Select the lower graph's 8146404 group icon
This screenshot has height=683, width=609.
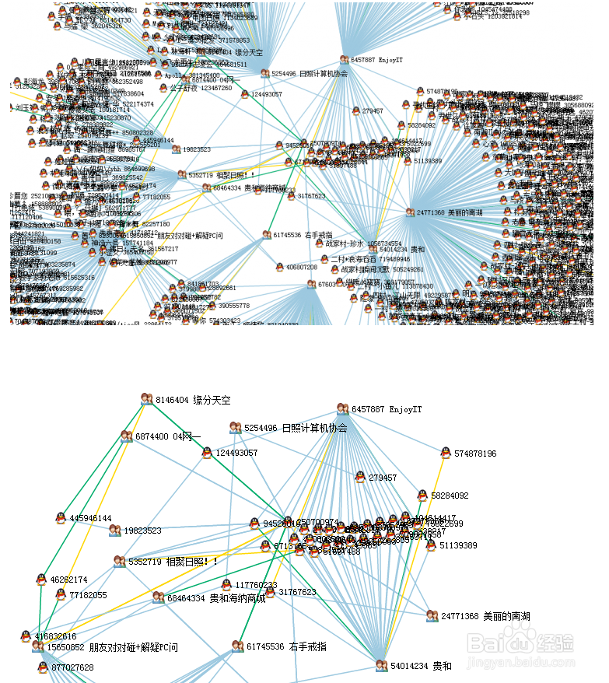[146, 399]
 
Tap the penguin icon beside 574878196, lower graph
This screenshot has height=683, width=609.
[446, 453]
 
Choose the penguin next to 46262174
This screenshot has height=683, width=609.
[41, 580]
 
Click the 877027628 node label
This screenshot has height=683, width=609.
[72, 667]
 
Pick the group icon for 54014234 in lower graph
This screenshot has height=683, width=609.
[381, 666]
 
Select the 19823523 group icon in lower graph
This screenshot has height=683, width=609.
[115, 531]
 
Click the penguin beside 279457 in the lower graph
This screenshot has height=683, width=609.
[360, 477]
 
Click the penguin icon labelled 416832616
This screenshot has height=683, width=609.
[26, 636]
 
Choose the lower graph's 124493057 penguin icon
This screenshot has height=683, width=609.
[207, 452]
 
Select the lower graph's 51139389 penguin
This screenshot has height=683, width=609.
[431, 545]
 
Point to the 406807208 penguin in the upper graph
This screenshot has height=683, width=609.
[280, 267]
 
